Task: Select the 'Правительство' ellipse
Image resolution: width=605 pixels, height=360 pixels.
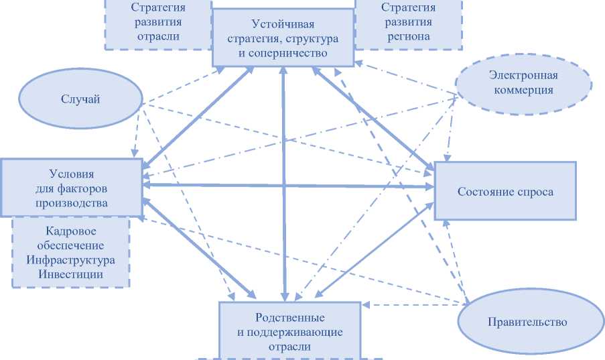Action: [527, 322]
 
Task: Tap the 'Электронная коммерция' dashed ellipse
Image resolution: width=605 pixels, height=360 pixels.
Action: [523, 82]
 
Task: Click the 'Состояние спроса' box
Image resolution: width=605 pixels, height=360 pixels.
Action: [505, 191]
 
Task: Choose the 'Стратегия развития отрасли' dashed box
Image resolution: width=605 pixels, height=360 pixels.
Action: [158, 22]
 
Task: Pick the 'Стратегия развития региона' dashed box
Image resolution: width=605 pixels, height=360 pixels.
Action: [407, 22]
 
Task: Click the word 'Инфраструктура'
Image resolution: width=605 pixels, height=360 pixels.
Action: [70, 260]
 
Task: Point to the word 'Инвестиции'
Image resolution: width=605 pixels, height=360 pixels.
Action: [70, 274]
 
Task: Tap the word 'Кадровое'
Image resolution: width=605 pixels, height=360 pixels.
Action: [70, 231]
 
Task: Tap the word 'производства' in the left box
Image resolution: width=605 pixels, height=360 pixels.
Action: [71, 202]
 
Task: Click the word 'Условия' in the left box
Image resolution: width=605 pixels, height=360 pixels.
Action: [71, 173]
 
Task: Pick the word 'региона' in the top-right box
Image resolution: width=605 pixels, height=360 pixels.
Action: [407, 36]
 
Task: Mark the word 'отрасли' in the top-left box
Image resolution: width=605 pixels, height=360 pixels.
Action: [158, 36]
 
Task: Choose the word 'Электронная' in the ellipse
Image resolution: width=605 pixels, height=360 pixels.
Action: [523, 75]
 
